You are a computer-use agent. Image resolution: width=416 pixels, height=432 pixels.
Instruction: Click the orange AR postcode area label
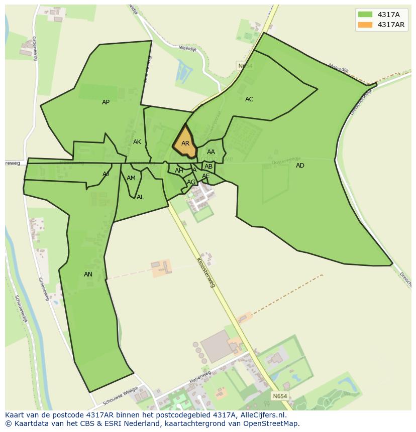(185, 143)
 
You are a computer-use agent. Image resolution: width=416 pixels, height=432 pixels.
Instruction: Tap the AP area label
(106, 102)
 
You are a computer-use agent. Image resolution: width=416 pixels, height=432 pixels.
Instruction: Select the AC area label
(249, 99)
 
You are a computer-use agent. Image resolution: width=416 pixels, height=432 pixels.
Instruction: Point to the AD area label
(300, 166)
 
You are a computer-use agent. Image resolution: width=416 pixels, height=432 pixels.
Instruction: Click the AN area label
(88, 274)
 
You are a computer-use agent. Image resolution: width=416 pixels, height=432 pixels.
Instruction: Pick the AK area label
(137, 142)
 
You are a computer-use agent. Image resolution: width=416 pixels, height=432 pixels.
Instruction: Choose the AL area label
(140, 197)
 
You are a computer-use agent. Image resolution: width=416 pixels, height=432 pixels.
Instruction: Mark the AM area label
(131, 178)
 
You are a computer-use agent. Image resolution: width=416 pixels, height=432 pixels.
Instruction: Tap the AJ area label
(106, 174)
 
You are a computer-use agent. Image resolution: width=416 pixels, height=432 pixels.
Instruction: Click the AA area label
(211, 152)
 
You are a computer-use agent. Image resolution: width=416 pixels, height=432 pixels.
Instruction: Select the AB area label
(209, 167)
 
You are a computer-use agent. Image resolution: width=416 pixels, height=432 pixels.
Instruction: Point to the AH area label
(179, 171)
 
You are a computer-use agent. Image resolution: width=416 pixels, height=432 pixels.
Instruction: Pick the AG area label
(191, 182)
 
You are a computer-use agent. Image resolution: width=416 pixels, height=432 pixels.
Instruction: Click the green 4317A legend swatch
(365, 15)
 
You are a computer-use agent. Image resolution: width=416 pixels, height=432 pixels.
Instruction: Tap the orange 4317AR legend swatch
(365, 25)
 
